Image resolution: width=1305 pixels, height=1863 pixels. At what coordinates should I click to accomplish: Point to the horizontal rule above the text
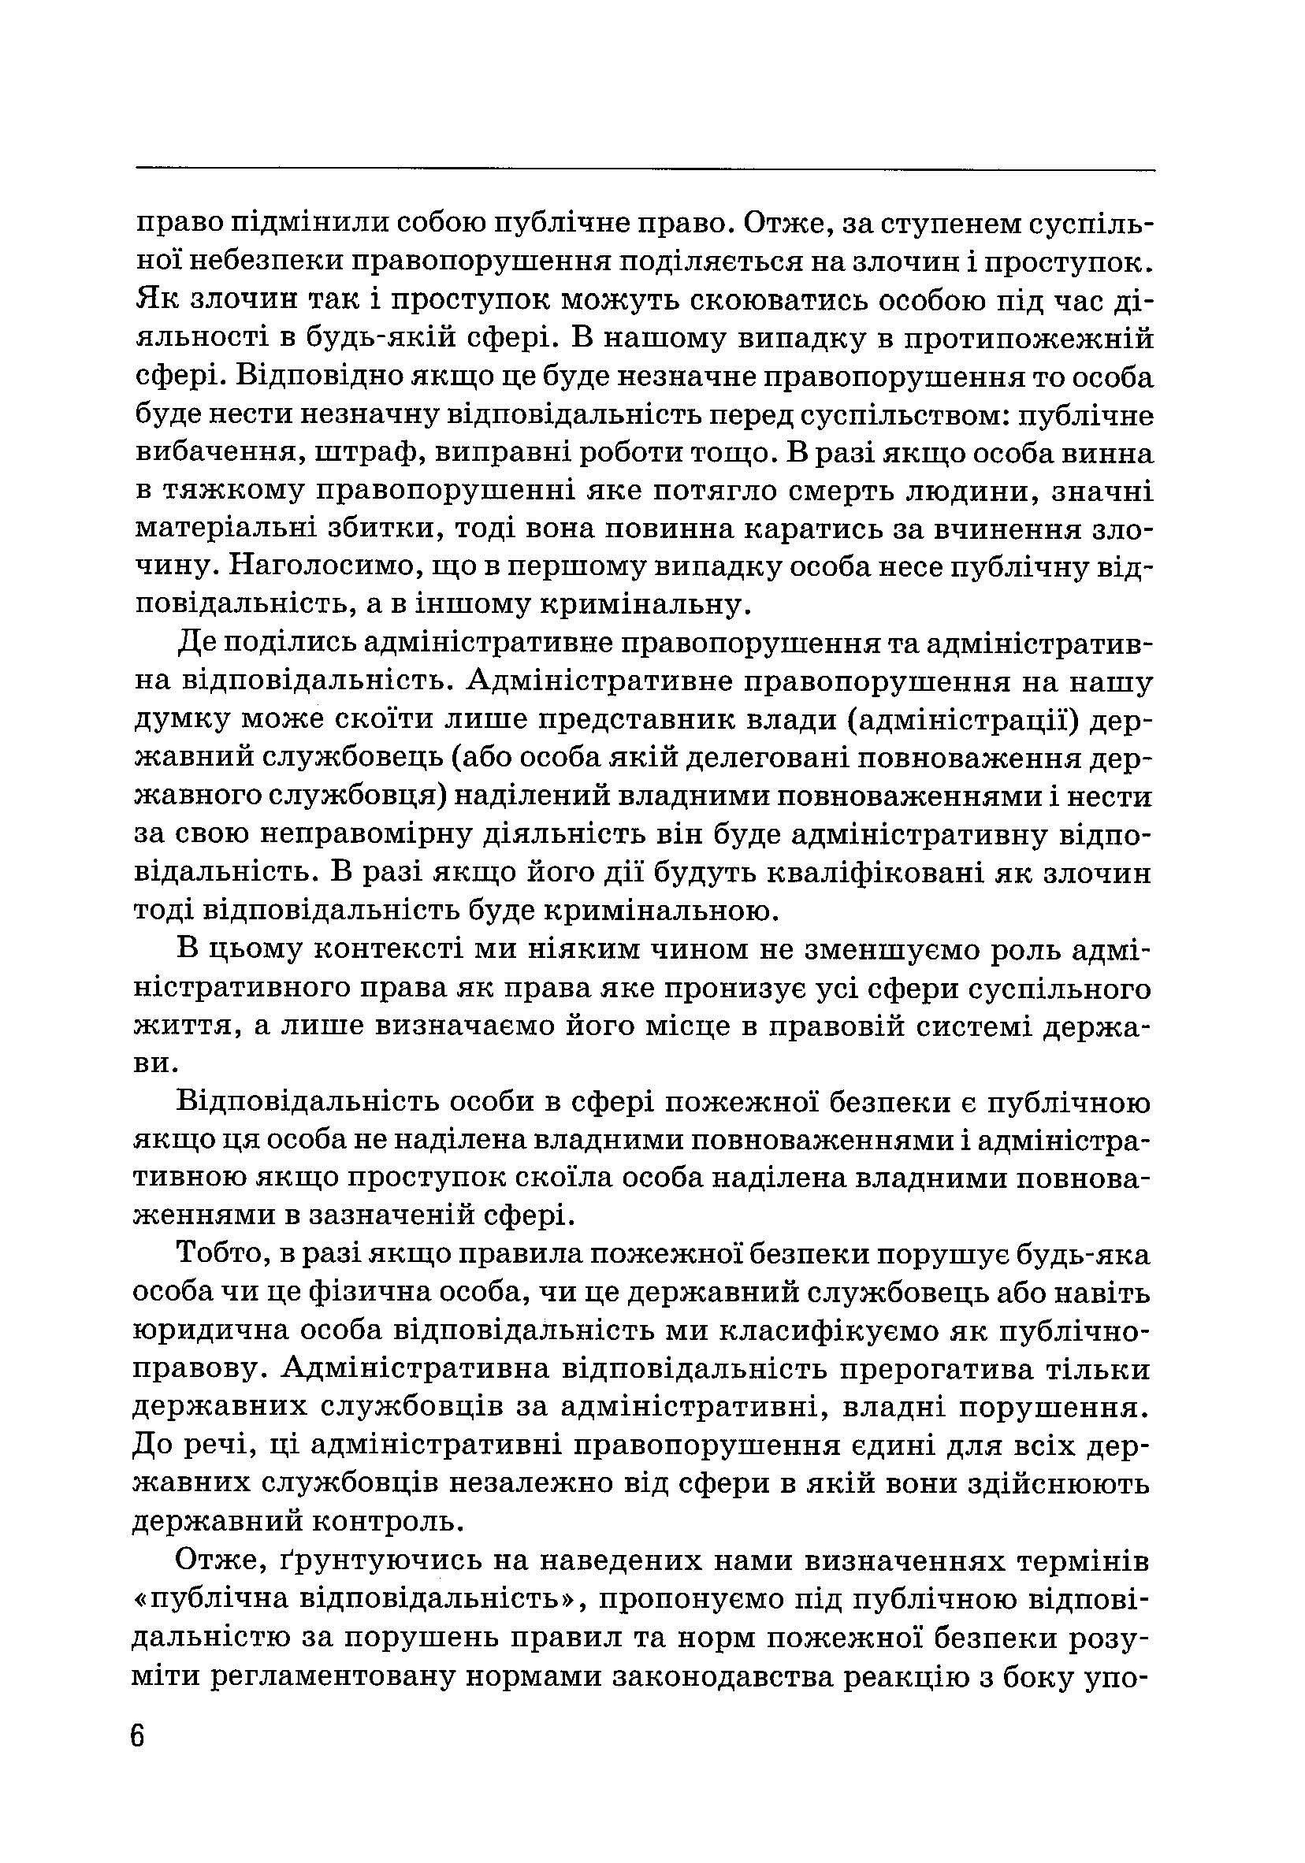645,169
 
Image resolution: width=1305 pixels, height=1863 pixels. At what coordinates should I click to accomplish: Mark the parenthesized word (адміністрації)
972,720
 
